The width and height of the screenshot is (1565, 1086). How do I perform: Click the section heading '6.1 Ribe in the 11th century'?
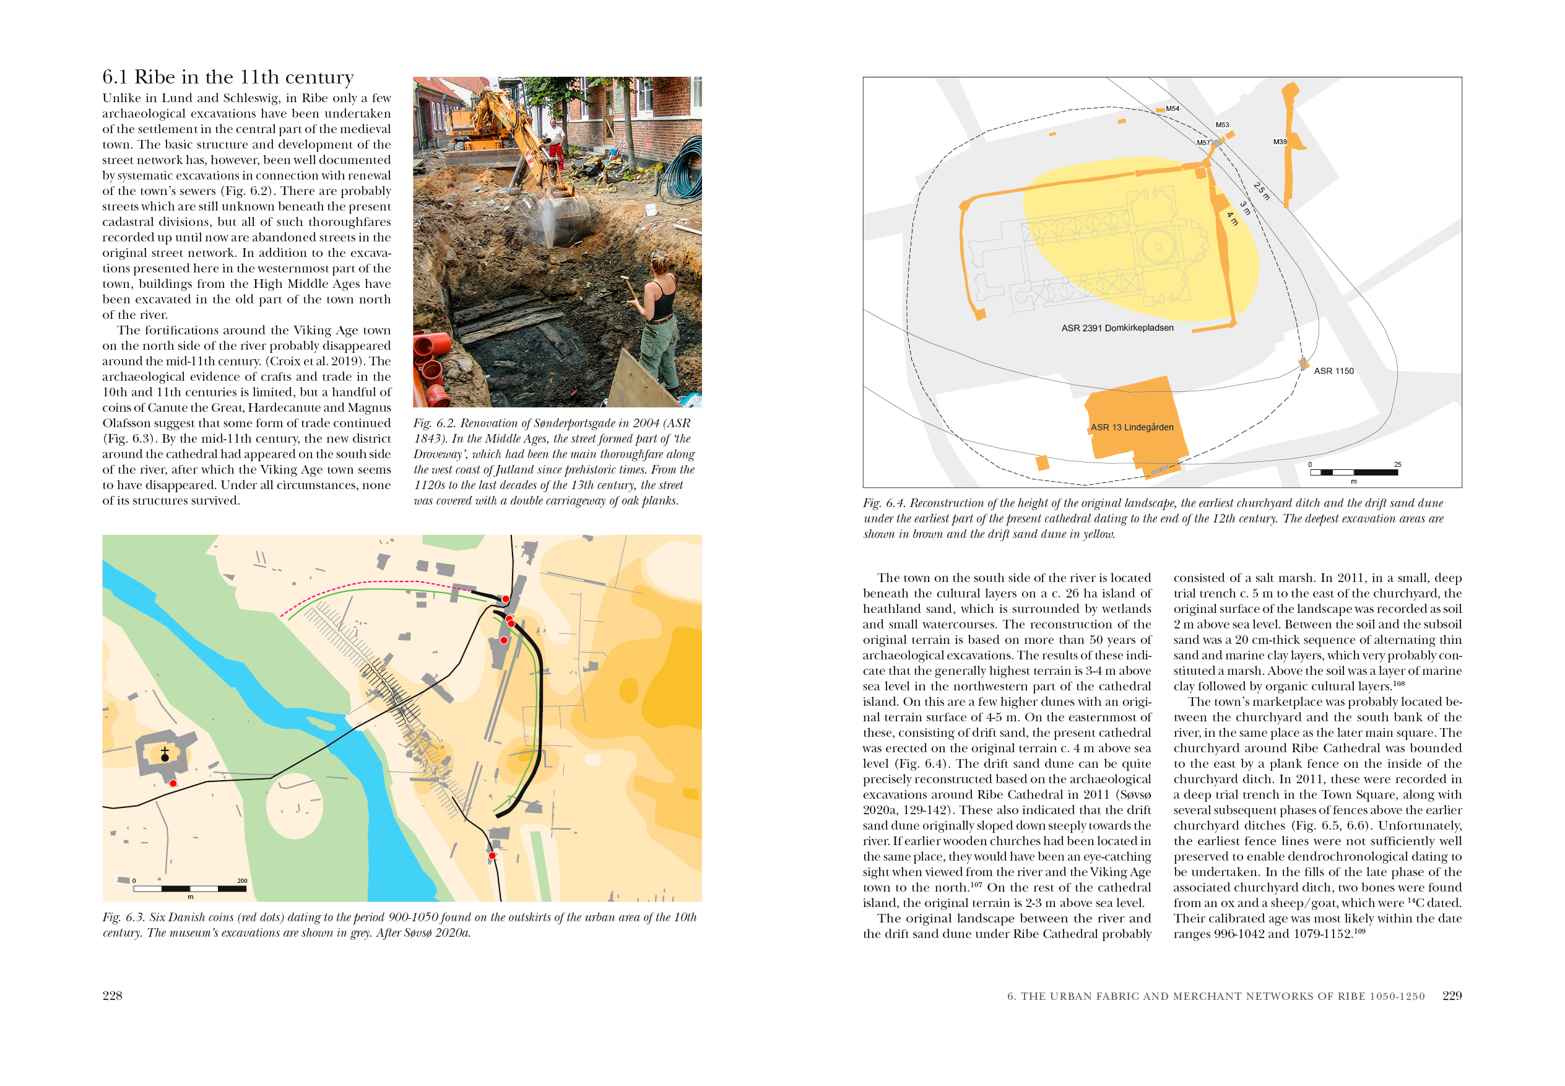(227, 77)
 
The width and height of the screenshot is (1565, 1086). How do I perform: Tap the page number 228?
(112, 995)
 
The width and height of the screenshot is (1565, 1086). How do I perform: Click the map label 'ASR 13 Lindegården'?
(1132, 427)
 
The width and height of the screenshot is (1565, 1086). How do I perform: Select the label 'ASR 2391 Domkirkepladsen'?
(1117, 328)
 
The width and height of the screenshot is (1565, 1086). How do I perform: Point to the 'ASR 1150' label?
(1333, 371)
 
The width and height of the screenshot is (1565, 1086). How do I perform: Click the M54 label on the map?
(1172, 109)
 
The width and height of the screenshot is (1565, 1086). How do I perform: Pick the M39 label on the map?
(1279, 142)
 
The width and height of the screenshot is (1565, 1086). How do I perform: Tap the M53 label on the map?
(1222, 125)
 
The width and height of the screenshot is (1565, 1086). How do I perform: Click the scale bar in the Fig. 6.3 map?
(189, 888)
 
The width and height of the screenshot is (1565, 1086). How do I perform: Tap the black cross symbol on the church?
(165, 754)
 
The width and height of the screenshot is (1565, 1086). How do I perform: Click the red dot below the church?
(173, 783)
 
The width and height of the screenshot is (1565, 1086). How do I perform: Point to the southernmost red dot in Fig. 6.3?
(492, 855)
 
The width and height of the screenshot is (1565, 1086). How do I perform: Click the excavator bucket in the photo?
(565, 218)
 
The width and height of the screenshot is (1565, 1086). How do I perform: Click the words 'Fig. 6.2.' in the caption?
(433, 422)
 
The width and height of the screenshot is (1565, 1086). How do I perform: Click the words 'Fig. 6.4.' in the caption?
(883, 503)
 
